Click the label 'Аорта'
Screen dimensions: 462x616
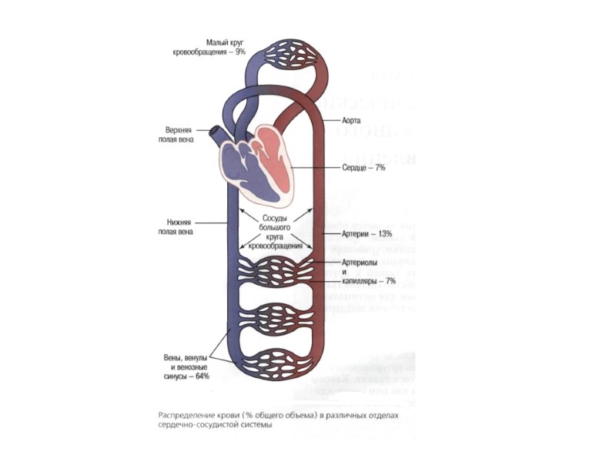(352, 122)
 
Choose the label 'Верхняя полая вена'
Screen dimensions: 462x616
(179, 136)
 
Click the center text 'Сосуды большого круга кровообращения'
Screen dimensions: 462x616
(275, 232)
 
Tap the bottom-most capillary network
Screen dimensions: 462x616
(275, 362)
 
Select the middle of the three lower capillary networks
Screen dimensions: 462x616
(275, 317)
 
